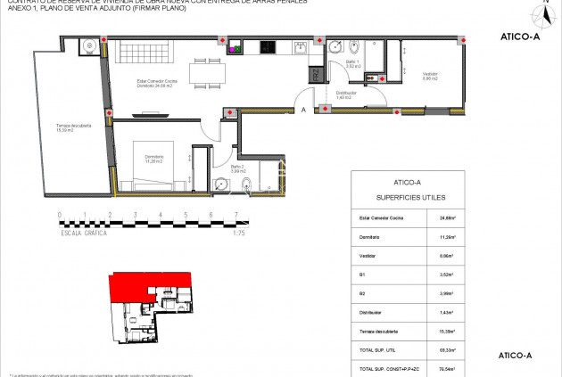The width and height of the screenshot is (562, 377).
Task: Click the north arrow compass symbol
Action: pos(541,13)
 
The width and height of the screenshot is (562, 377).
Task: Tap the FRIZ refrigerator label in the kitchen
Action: pos(315,76)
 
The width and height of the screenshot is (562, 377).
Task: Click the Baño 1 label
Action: pos(351,64)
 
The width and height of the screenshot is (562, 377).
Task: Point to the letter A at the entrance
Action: pos(303,110)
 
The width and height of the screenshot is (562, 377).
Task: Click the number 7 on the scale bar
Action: pos(236,215)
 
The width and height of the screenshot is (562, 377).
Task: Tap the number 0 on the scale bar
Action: pos(60,215)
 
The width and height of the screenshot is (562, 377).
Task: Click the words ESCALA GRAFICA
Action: pos(84,232)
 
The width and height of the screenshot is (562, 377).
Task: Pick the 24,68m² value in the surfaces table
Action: pos(446,217)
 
